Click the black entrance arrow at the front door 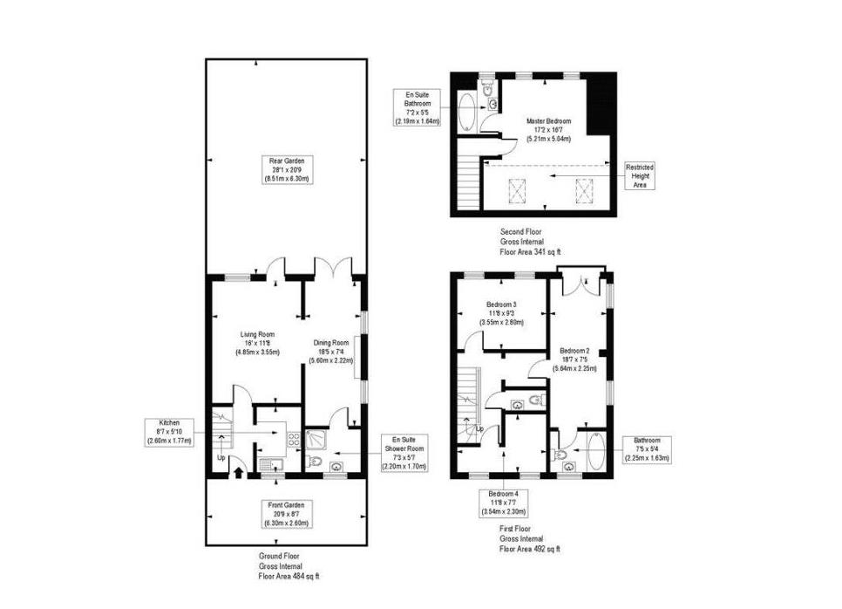(x=239, y=473)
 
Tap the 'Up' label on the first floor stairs (x=480, y=428)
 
